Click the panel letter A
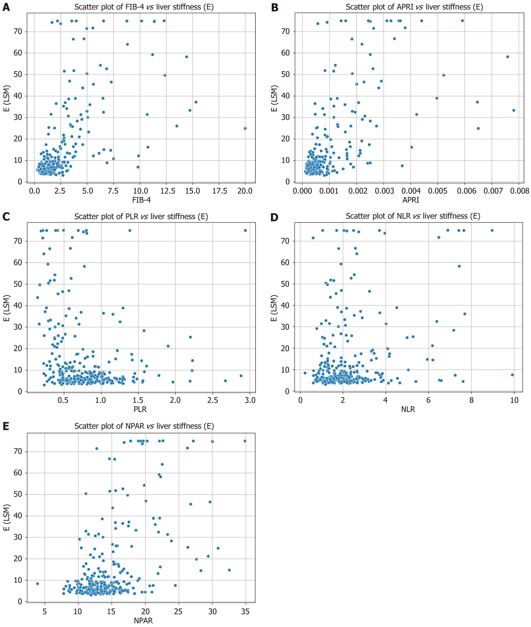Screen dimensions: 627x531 tap(6, 7)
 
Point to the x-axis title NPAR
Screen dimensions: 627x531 tap(143, 620)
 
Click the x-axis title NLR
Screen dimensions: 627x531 tap(408, 409)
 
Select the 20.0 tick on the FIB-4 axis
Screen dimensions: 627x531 tap(245, 191)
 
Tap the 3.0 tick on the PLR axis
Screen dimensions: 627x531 tap(250, 401)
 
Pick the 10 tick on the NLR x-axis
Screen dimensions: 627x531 tap(514, 401)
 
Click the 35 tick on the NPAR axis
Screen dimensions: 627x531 tap(245, 611)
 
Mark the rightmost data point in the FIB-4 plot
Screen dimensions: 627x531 tap(245, 128)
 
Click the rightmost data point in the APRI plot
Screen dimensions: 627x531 tap(514, 110)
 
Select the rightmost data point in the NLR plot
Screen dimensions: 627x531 tap(512, 375)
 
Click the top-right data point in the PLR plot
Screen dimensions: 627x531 tap(245, 230)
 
